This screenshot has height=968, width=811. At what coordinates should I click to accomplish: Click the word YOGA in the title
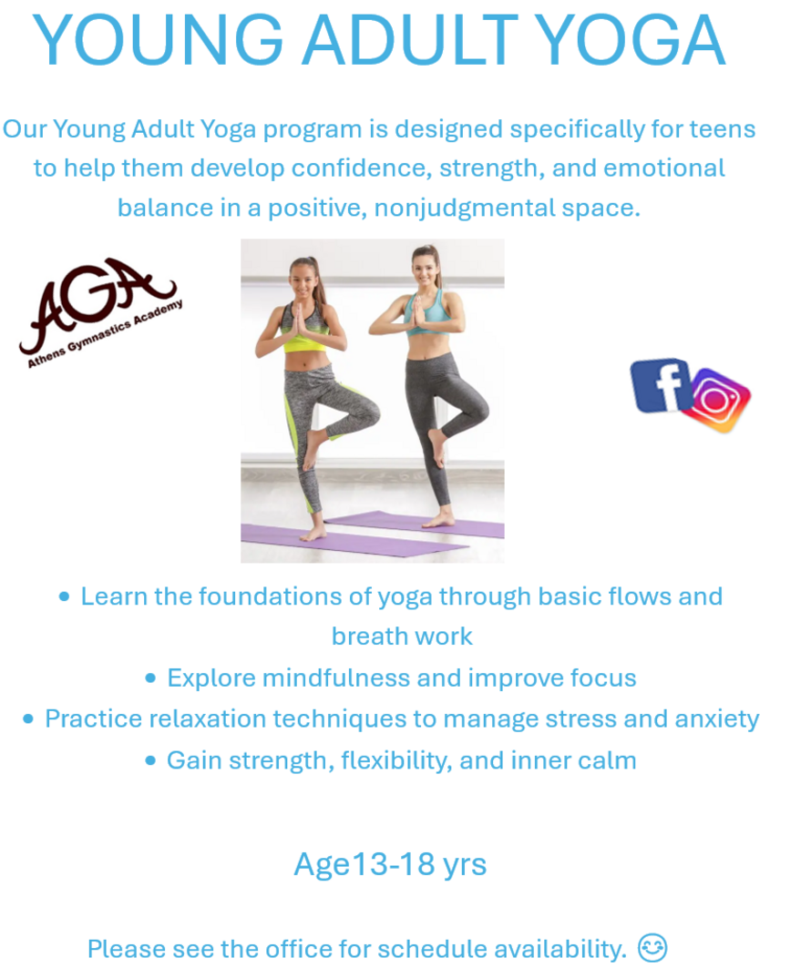[630, 41]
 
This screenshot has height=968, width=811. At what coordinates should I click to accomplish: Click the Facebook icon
[661, 385]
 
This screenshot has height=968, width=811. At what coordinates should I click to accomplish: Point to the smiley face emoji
[652, 947]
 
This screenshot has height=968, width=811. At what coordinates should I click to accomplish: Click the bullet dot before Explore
[150, 678]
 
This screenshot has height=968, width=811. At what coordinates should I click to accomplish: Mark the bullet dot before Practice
[28, 719]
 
